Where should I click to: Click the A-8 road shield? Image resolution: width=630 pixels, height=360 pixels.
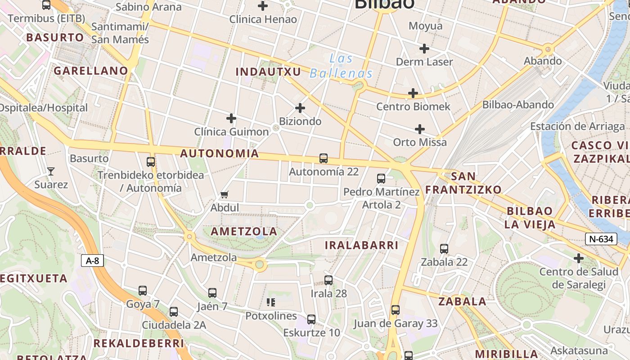[x=93, y=260]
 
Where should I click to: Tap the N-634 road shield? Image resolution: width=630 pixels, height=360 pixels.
[x=601, y=239]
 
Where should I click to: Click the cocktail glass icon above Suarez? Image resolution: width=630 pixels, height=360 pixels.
[x=51, y=171]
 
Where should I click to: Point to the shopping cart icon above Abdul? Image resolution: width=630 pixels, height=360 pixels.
[x=225, y=195]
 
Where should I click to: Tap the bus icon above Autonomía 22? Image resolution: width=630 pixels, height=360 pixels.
[x=323, y=158]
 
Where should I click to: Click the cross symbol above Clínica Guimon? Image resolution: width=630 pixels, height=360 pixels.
[x=231, y=118]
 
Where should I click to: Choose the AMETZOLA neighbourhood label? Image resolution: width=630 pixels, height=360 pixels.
[x=244, y=231]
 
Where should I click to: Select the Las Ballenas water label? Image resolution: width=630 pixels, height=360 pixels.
[x=341, y=66]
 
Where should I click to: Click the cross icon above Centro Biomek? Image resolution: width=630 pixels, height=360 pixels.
[x=413, y=94]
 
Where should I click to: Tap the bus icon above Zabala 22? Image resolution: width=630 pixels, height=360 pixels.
[x=444, y=249]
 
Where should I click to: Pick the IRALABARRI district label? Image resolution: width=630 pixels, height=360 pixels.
[x=362, y=245]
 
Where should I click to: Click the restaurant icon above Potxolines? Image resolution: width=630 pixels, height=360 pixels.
[x=271, y=302]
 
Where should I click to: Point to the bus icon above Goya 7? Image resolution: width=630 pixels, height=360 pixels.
[x=143, y=291]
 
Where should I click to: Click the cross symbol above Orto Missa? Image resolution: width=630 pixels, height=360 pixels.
[x=420, y=129]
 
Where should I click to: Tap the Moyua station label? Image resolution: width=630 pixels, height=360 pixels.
[x=425, y=26]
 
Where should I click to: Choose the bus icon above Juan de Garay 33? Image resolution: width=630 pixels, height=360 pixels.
[x=396, y=310]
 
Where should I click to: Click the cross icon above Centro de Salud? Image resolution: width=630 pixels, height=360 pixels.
[x=579, y=258]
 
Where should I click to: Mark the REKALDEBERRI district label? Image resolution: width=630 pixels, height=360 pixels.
[x=139, y=343]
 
